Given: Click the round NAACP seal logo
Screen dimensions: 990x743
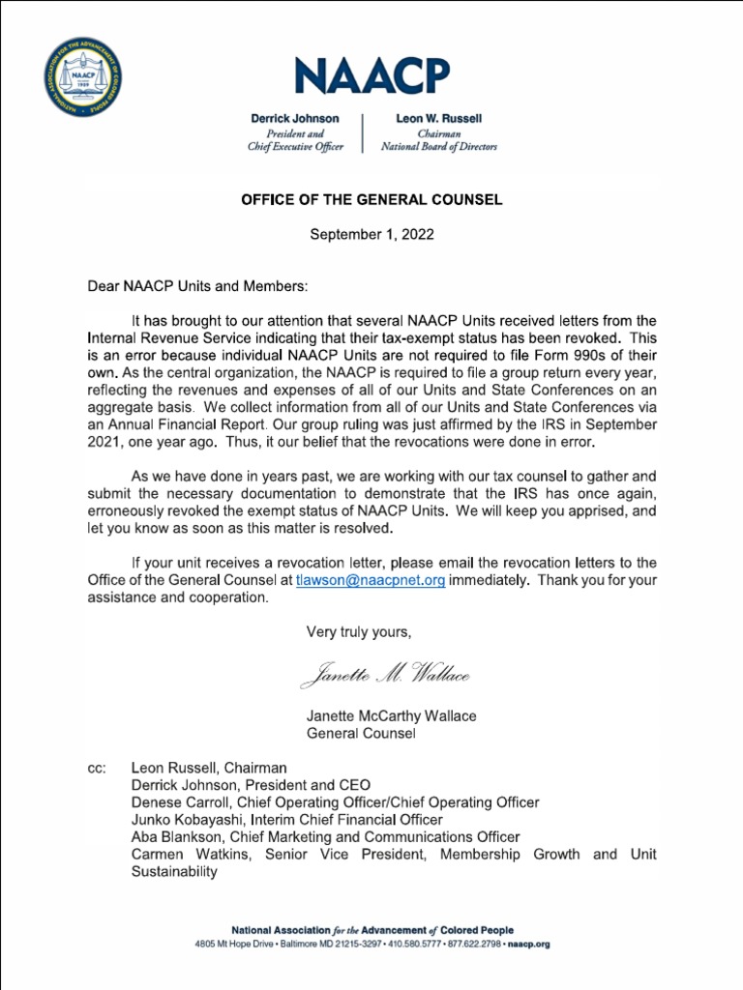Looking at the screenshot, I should (84, 80).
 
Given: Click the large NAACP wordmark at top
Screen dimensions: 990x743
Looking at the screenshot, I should (371, 76).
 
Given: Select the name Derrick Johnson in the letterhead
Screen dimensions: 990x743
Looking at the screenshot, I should (295, 118).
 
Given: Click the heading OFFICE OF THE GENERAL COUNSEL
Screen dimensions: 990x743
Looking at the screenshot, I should (371, 200).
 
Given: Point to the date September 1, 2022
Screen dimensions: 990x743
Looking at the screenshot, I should (371, 234).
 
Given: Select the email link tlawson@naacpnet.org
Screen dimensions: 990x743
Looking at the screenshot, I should (371, 580).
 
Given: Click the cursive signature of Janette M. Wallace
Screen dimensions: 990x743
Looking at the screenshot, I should (385, 676).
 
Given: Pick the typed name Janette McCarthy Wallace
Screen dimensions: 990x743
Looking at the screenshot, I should (391, 716).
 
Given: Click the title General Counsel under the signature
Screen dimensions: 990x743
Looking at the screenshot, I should (361, 734).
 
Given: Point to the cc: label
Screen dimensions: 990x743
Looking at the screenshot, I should (97, 768).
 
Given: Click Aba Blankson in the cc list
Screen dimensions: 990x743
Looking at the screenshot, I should (177, 837).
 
